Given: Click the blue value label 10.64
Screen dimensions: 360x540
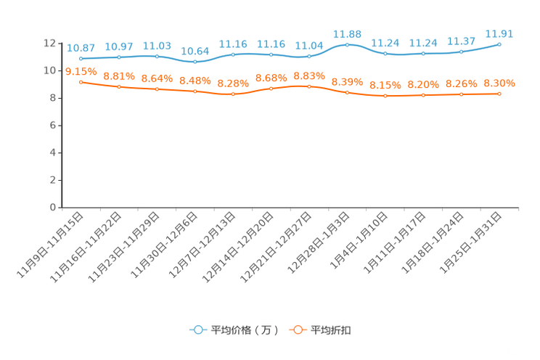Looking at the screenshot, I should point(195,51).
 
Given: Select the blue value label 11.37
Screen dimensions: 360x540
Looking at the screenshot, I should point(461,41).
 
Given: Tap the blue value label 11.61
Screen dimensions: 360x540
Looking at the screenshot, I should point(499,33).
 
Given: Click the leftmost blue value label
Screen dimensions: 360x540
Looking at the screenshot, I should point(80,47).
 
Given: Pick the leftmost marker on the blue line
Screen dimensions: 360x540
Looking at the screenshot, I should point(81,58).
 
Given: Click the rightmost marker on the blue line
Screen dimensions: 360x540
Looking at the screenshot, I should point(499,44).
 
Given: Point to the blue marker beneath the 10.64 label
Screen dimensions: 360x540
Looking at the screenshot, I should point(195,62).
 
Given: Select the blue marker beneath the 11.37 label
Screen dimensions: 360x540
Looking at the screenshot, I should point(461,52).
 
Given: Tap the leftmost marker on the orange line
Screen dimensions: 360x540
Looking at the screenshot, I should point(81,81).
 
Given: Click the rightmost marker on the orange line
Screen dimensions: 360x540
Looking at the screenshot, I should point(499,94).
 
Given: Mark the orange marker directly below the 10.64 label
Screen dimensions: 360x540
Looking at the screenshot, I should point(195,92).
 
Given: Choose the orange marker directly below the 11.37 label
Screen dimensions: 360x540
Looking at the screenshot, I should point(461,95).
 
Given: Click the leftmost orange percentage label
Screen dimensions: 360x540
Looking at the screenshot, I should point(81,70).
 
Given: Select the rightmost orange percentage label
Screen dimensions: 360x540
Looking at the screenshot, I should point(499,83).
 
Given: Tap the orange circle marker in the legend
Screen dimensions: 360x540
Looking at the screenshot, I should point(297,330).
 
